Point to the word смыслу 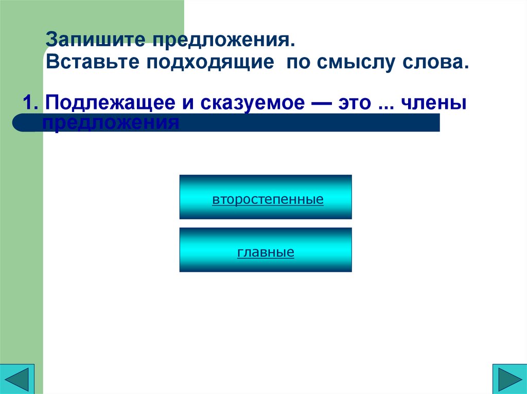point(349,63)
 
